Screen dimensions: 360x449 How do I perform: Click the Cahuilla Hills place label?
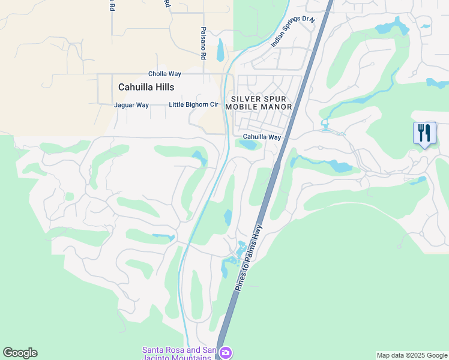coord(146,87)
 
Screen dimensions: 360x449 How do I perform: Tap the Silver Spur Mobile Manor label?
coord(259,103)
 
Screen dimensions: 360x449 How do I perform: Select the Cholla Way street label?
coord(164,74)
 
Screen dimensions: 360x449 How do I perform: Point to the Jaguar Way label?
coord(131,105)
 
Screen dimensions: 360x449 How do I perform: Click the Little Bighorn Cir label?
coord(193,104)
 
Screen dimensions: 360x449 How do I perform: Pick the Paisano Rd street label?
coord(203,43)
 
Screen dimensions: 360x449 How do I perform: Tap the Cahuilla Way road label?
coord(262,137)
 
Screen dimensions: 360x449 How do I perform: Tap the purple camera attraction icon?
coord(225,352)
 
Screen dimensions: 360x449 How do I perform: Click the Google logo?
coord(20,353)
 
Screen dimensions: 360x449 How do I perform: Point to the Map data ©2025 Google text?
coord(412,355)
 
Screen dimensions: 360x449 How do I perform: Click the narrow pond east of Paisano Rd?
coord(220,50)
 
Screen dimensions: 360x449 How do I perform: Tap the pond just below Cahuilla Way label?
coord(247,145)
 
